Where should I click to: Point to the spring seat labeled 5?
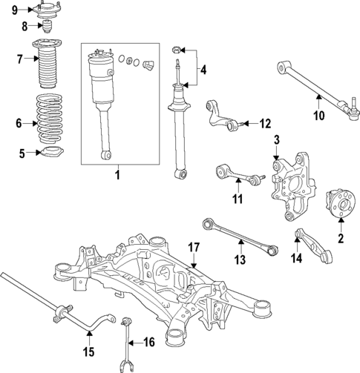point(50,154)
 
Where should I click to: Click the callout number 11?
point(236,199)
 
